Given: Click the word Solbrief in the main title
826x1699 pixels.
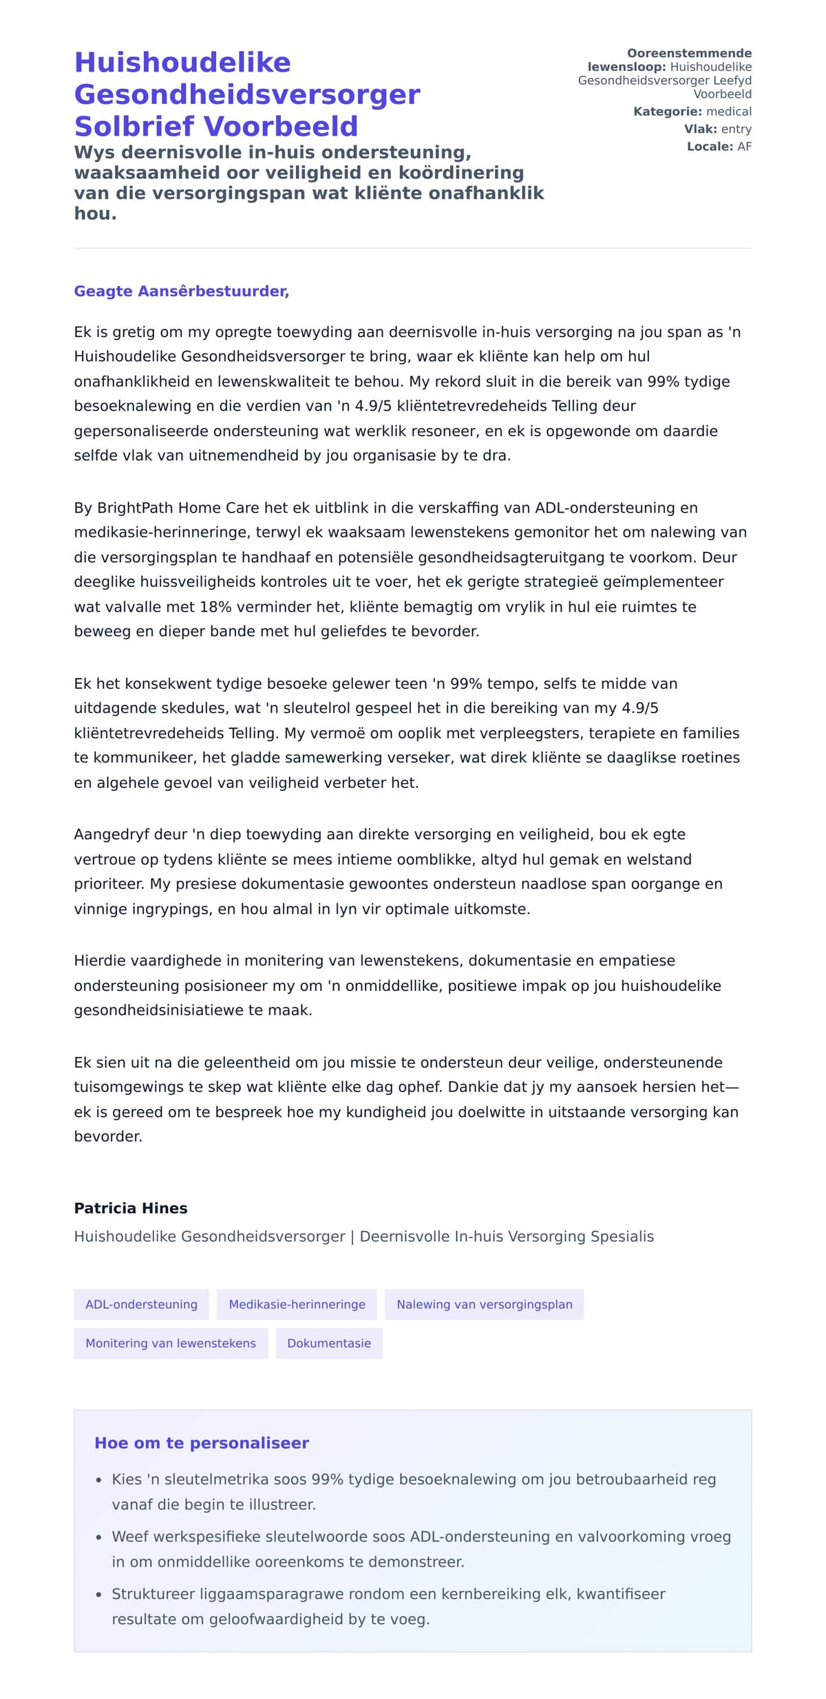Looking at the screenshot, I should pyautogui.click(x=134, y=127).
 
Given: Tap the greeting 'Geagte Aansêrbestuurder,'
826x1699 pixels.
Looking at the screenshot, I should pyautogui.click(x=181, y=291).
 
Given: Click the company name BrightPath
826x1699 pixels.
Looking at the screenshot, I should pyautogui.click(x=135, y=508).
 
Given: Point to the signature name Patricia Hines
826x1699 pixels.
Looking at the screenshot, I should pyautogui.click(x=131, y=1208).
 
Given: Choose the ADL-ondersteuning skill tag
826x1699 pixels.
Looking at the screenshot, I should pyautogui.click(x=141, y=1304).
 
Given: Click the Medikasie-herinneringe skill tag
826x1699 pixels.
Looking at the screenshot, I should pyautogui.click(x=297, y=1304).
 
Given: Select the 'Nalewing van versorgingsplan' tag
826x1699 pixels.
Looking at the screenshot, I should pyautogui.click(x=484, y=1304).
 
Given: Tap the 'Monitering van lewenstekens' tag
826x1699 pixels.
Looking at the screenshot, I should pyautogui.click(x=171, y=1343).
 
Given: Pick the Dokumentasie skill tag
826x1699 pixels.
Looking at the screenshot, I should pyautogui.click(x=329, y=1343).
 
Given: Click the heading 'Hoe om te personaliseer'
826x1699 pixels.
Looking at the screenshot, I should pyautogui.click(x=202, y=1442).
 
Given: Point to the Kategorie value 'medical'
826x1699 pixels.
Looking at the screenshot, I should pyautogui.click(x=729, y=111).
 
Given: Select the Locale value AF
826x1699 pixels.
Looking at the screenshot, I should pyautogui.click(x=744, y=147).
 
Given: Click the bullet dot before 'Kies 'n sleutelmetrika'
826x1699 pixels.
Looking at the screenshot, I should pyautogui.click(x=98, y=1480).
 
